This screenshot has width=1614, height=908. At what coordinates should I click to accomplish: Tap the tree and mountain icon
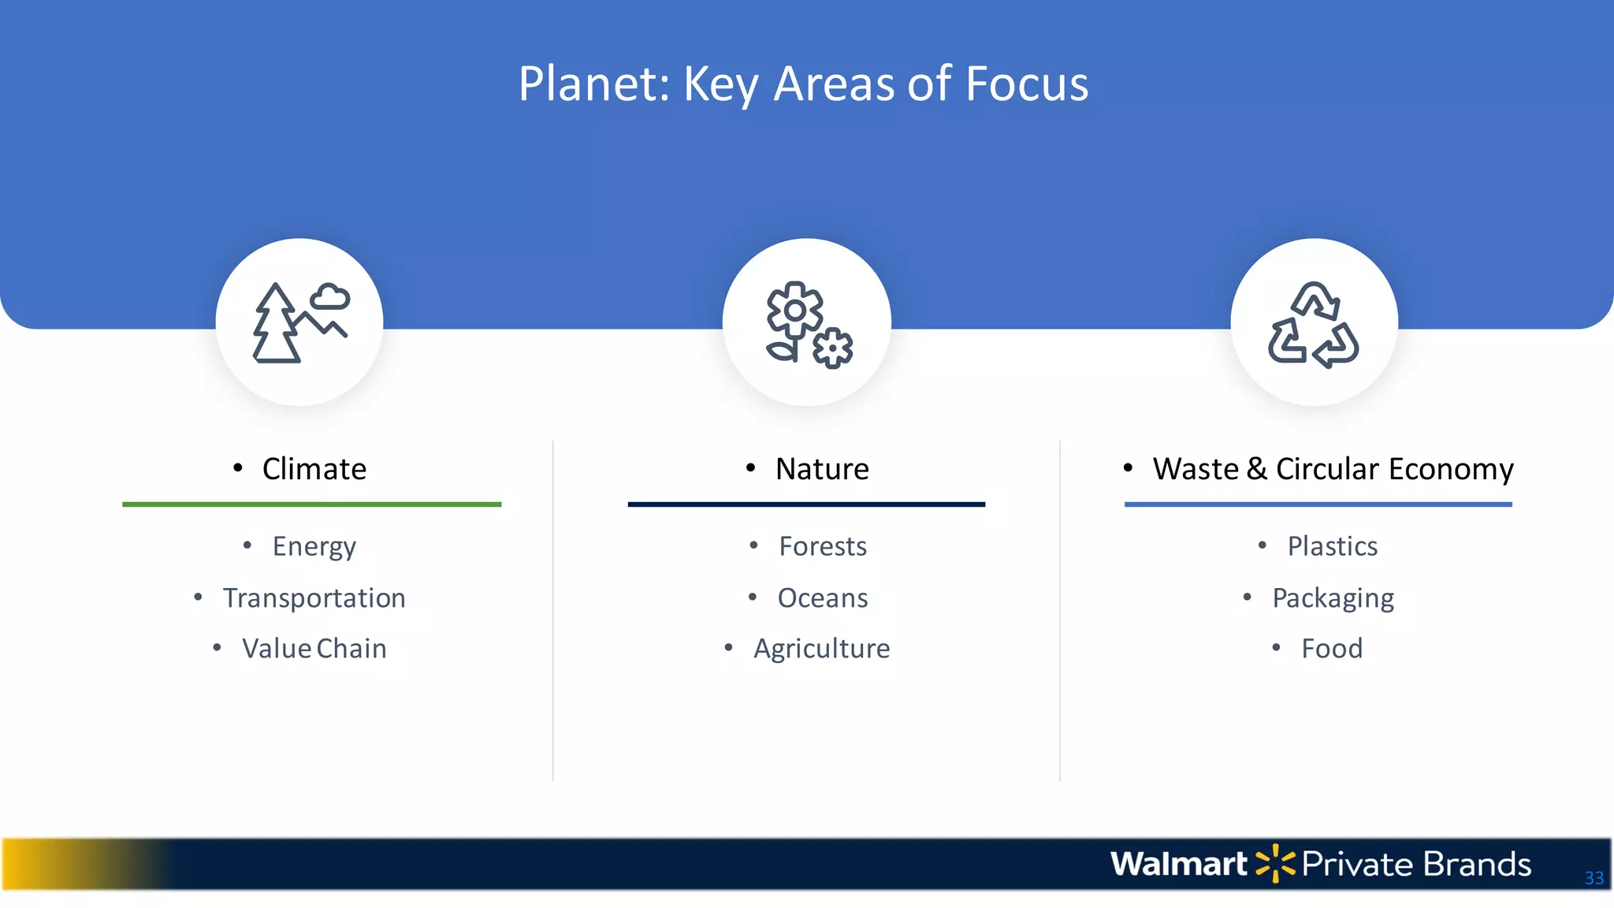coord(299,322)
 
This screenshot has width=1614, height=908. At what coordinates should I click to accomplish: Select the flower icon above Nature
coord(808,324)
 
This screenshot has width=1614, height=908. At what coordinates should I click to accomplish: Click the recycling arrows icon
coord(1314,324)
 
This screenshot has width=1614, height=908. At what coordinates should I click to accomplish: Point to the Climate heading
coord(314,469)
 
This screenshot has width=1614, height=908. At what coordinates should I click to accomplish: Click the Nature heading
coord(821,469)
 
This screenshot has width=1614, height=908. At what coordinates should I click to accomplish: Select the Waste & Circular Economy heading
coord(1332,469)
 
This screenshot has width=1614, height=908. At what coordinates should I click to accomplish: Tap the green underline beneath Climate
coord(311,504)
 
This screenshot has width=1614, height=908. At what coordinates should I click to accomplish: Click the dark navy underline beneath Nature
coord(806,504)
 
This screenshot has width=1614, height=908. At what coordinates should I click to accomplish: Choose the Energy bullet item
coord(314,546)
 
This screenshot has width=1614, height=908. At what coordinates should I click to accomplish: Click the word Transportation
coord(314,598)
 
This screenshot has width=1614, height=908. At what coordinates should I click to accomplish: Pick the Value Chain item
coord(314,649)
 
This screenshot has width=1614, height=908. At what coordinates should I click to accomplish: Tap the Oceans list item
coord(822,598)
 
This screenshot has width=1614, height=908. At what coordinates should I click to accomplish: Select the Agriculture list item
coord(821,649)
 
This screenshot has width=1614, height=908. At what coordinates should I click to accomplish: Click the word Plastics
coord(1332,546)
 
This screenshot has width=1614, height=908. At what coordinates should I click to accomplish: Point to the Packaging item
coord(1333,598)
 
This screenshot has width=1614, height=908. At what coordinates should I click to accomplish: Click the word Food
coord(1331,649)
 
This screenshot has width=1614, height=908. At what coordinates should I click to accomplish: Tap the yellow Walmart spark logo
coord(1274,864)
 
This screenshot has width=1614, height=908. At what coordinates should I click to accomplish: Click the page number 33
coord(1594,878)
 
